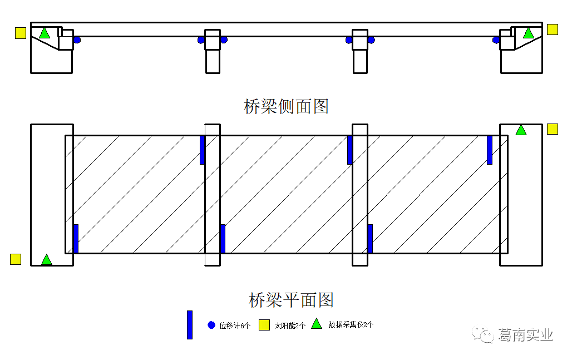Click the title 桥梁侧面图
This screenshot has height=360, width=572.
pyautogui.click(x=286, y=106)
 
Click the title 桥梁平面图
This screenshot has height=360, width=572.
pyautogui.click(x=291, y=300)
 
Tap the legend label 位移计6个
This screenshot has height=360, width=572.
pyautogui.click(x=235, y=326)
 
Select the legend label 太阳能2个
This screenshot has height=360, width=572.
pyautogui.click(x=290, y=326)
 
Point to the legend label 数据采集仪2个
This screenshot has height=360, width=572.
pyautogui.click(x=351, y=324)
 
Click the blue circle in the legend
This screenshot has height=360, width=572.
pyautogui.click(x=211, y=325)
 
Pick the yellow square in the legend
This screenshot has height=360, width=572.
pyautogui.click(x=264, y=325)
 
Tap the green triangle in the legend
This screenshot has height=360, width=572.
pyautogui.click(x=317, y=324)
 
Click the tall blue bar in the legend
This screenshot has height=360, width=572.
pyautogui.click(x=190, y=324)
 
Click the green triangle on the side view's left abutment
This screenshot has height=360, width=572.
pyautogui.click(x=45, y=33)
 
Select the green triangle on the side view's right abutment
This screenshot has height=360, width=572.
pyautogui.click(x=528, y=33)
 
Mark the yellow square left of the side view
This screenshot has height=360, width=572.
pyautogui.click(x=21, y=33)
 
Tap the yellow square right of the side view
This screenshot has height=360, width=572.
pyautogui.click(x=552, y=29)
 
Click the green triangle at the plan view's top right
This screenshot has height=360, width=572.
pyautogui.click(x=521, y=130)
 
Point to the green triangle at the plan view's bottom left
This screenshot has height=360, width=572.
pyautogui.click(x=47, y=260)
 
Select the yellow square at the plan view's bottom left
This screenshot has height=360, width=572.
pyautogui.click(x=16, y=259)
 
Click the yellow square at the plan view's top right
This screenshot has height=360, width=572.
pyautogui.click(x=552, y=129)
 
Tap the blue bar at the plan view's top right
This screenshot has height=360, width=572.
pyautogui.click(x=490, y=150)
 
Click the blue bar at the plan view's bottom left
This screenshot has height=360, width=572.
pyautogui.click(x=76, y=239)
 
